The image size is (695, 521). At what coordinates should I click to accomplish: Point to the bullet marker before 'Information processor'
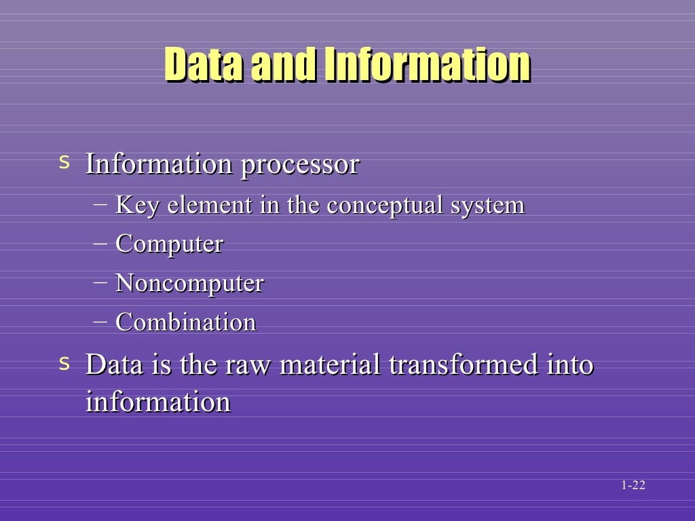64,162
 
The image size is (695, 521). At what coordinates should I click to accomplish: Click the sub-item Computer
169,244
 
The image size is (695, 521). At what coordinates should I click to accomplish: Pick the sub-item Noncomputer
189,283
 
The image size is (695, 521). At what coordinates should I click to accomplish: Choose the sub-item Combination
186,322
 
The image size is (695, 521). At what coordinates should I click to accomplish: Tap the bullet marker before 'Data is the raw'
64,363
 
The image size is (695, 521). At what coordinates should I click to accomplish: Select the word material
331,365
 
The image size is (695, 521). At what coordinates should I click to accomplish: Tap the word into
570,365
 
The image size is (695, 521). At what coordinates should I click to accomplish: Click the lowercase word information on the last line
158,402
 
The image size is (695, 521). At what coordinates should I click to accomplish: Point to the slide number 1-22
633,485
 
